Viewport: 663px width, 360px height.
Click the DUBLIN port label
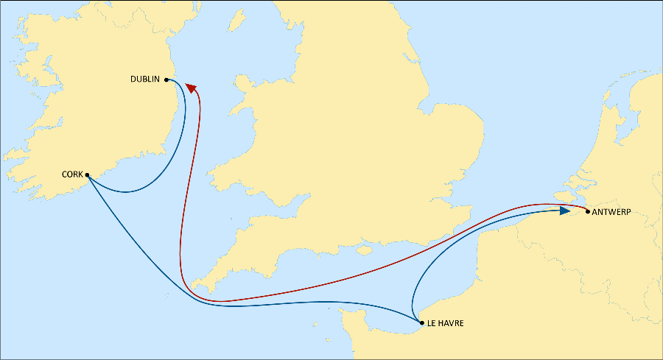146,79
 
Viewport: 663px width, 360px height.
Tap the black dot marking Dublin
166,80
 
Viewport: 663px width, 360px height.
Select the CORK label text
72,175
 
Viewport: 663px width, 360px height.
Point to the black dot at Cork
87,175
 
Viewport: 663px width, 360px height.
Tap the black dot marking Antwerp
587,212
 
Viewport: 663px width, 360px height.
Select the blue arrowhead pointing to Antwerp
564,211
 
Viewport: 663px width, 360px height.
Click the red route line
181,221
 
